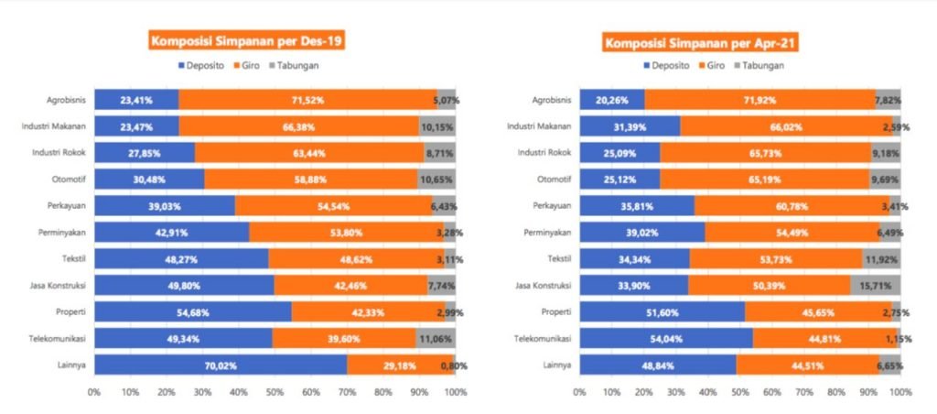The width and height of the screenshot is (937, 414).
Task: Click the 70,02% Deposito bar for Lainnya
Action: [220, 365]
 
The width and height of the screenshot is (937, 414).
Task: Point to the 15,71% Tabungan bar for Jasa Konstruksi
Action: [875, 285]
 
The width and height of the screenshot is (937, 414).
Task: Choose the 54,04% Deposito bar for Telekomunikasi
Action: [665, 338]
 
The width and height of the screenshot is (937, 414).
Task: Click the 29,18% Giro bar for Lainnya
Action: [399, 365]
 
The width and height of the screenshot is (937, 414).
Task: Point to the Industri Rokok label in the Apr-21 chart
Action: [543, 152]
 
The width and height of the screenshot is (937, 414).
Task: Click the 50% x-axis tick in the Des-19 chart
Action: [275, 392]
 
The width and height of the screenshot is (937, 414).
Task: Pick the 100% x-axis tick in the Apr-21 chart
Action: [899, 392]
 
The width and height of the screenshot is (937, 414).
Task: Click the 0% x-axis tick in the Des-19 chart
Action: [94, 392]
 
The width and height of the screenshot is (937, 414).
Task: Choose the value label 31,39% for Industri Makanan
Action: [624, 125]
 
